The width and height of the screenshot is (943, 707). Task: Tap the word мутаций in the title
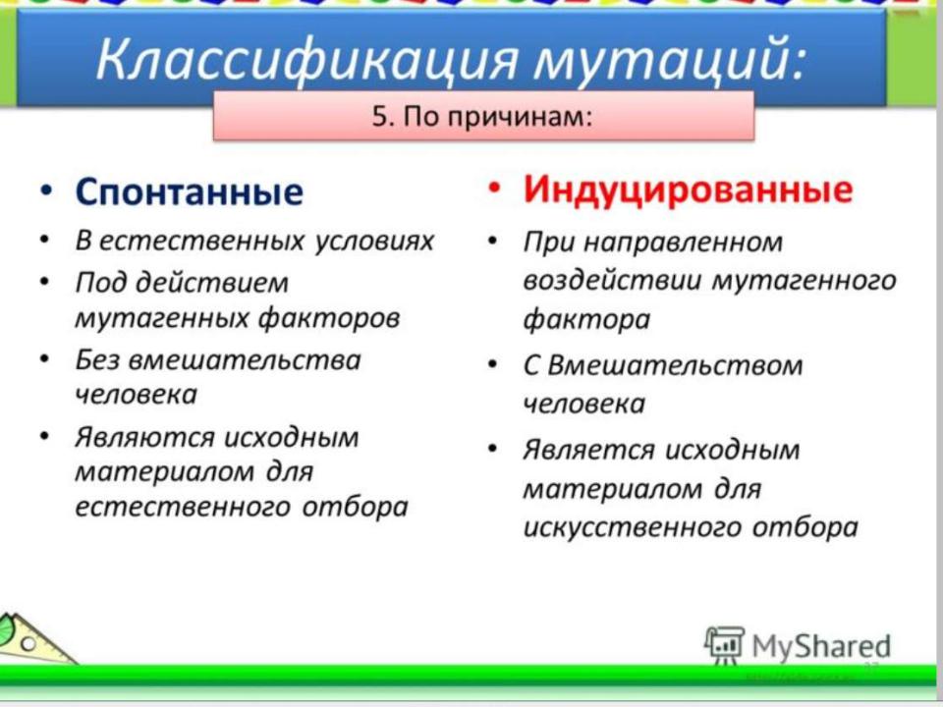click(x=669, y=59)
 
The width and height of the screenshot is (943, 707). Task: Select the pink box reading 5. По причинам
click(x=483, y=116)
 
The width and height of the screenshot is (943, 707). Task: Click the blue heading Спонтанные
click(x=189, y=191)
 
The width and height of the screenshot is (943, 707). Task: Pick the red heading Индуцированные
click(x=688, y=190)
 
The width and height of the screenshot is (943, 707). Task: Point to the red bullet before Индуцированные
click(x=493, y=187)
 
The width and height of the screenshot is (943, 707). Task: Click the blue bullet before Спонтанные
click(x=46, y=190)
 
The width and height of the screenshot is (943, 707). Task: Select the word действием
click(x=212, y=283)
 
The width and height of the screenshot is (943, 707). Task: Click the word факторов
click(x=329, y=318)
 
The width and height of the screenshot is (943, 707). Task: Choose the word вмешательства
click(x=245, y=360)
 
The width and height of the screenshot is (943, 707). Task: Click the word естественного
click(x=183, y=507)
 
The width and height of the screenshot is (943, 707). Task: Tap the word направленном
click(x=684, y=243)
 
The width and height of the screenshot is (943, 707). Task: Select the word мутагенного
click(x=804, y=280)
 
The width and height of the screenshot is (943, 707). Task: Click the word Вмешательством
click(x=675, y=365)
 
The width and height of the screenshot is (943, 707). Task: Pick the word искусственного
click(x=633, y=528)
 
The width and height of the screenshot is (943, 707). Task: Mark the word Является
click(x=588, y=450)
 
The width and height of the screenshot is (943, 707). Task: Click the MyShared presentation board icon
click(x=724, y=645)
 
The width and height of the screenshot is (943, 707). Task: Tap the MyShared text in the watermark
click(x=821, y=646)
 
